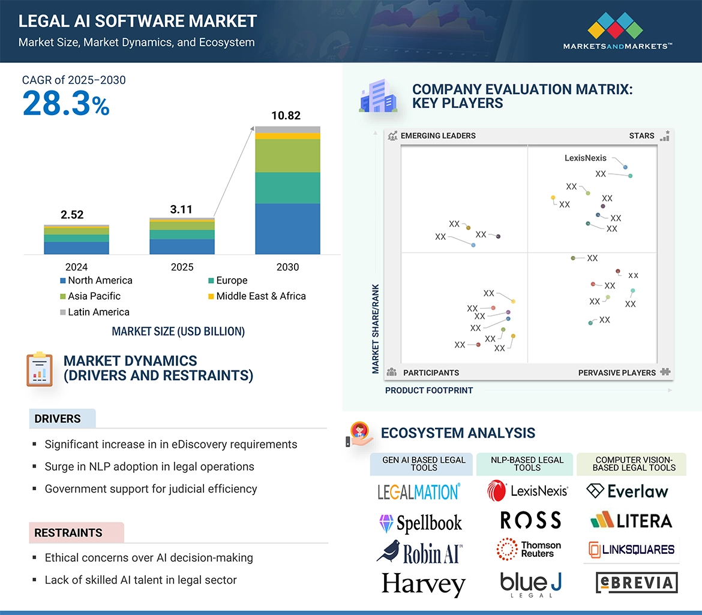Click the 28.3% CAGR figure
(66, 103)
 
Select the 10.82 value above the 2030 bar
(286, 116)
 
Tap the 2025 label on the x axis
(182, 267)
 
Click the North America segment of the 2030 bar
(287, 229)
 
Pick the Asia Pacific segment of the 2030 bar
(287, 156)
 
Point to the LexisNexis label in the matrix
(586, 158)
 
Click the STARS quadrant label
(641, 135)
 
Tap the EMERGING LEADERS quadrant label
(437, 135)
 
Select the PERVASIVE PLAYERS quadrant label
(617, 373)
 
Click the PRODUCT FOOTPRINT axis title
(429, 390)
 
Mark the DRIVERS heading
(58, 419)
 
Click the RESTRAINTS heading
(68, 533)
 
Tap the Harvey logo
(424, 583)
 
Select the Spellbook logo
(421, 523)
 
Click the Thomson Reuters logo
(529, 549)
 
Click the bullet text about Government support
(151, 489)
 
